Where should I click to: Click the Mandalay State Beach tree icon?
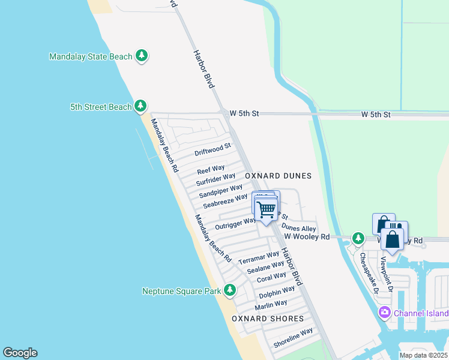click(x=142, y=56)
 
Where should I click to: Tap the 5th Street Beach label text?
click(x=100, y=107)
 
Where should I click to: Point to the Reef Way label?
click(x=211, y=169)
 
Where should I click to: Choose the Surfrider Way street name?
click(x=216, y=178)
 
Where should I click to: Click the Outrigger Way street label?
click(x=235, y=224)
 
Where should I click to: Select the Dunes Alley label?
click(x=298, y=229)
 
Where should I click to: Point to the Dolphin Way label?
click(x=277, y=293)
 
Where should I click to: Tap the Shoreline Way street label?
click(x=293, y=338)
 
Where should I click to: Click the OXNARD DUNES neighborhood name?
click(x=278, y=176)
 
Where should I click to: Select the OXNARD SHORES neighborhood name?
click(x=268, y=319)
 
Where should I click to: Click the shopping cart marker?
click(x=266, y=209)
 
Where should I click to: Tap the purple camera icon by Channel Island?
click(x=384, y=313)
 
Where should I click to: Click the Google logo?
click(x=20, y=353)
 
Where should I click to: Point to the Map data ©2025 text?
click(x=423, y=355)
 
